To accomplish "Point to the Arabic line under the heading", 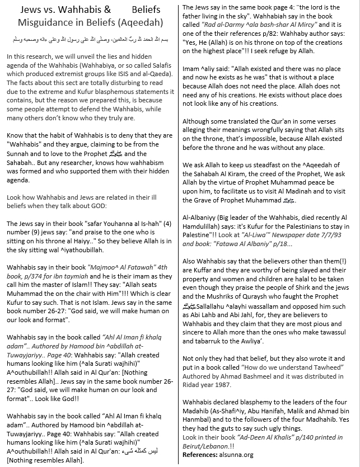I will point(90,41).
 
